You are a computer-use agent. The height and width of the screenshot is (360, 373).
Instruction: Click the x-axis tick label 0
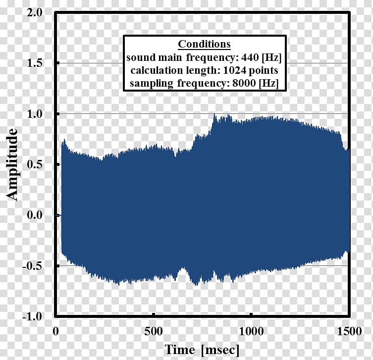click(x=56, y=330)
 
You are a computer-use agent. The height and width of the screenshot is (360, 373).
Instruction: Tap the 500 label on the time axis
click(x=154, y=330)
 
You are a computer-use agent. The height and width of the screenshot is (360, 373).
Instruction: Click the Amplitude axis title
click(x=13, y=164)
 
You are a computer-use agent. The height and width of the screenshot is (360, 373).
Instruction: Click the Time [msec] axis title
click(x=202, y=349)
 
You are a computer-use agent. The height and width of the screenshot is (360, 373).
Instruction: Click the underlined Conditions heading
click(x=204, y=44)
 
